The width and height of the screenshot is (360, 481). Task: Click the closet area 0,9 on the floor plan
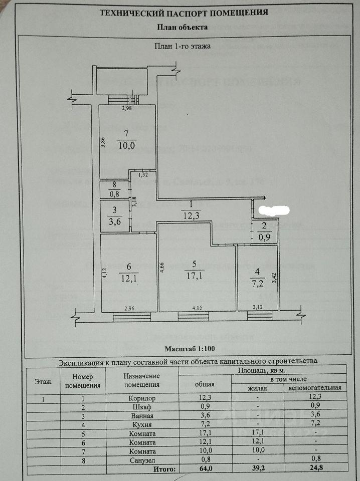point(264,238)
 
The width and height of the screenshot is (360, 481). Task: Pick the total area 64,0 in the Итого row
point(204,469)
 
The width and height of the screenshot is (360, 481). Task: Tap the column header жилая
point(257,388)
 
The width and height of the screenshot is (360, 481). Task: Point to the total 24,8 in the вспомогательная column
point(315,469)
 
